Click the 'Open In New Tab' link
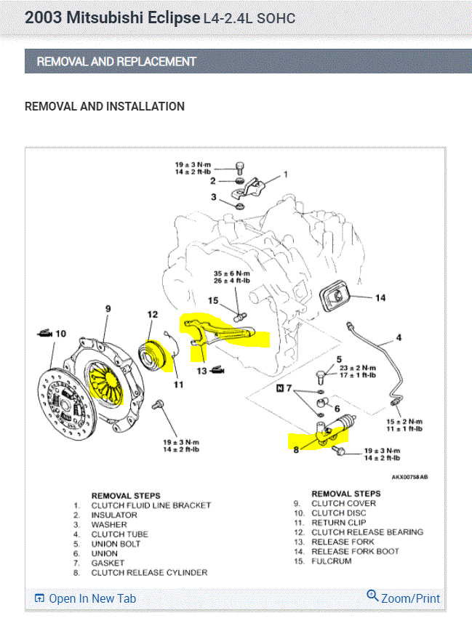[85, 598]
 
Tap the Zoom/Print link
[404, 598]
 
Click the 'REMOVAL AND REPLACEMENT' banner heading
[116, 62]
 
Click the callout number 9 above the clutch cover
[108, 309]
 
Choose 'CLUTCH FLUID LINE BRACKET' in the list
[151, 505]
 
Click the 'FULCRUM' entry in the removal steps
[331, 561]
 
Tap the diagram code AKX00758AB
[409, 478]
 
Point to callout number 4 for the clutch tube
[399, 337]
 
